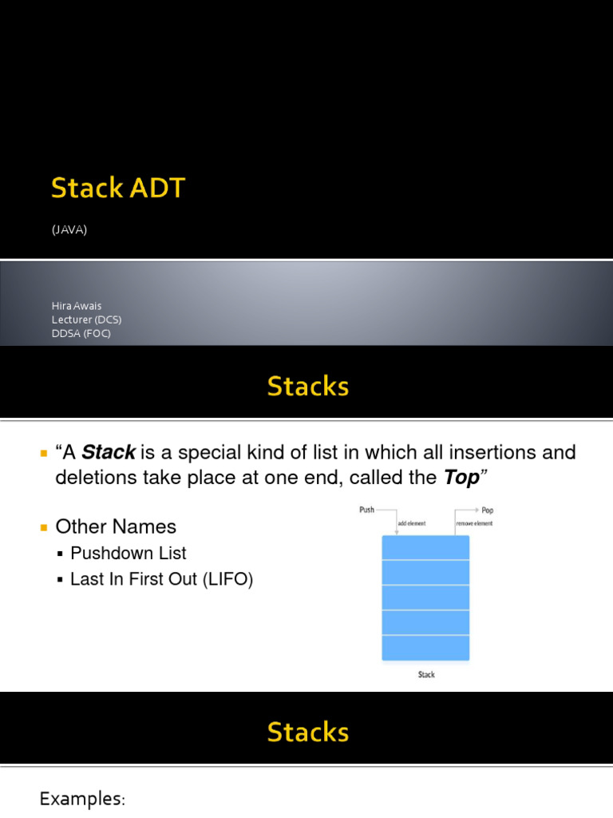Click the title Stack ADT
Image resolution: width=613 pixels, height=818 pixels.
point(117,189)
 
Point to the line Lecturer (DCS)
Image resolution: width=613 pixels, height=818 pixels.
point(87,320)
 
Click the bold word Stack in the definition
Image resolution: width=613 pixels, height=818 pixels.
point(109,453)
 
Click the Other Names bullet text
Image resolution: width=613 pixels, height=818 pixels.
point(116,526)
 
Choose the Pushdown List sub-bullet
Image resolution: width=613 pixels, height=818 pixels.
point(129,553)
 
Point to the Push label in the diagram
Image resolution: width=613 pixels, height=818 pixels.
point(367,510)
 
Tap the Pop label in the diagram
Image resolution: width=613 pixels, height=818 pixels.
point(487,510)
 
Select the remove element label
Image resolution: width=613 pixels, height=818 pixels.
point(474,523)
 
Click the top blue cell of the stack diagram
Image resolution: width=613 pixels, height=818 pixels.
point(425,548)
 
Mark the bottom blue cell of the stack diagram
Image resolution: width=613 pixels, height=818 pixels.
point(425,648)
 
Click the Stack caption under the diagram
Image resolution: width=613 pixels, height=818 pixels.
point(426,675)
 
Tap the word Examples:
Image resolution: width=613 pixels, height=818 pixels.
point(82,799)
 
